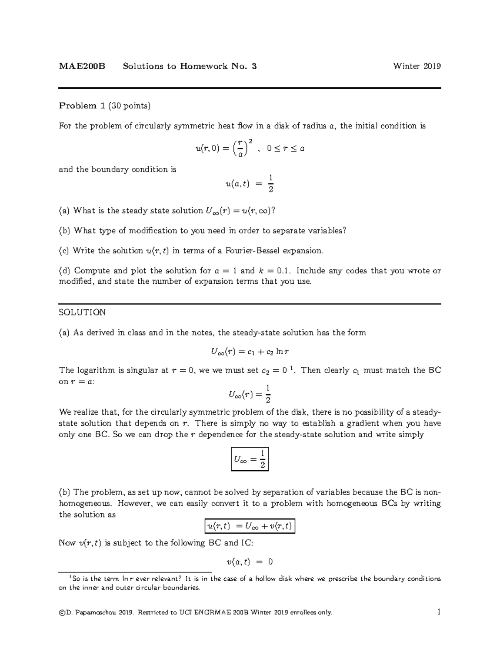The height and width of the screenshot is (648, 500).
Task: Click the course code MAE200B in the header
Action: pos(82,66)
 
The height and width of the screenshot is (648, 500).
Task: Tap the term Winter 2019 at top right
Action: pos(417,66)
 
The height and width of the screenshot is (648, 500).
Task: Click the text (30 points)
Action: pos(129,106)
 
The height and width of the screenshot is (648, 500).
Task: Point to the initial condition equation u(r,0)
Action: pos(250,149)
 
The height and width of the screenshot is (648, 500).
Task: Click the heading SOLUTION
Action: pos(82,313)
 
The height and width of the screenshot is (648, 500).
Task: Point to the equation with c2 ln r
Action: pos(250,352)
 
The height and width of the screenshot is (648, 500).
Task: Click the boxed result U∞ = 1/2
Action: pos(250,459)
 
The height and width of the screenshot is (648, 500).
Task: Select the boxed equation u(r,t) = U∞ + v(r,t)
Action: pos(250,526)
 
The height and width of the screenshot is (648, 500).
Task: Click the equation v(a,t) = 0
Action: pos(250,562)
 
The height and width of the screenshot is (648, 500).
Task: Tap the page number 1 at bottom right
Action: pos(439,612)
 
